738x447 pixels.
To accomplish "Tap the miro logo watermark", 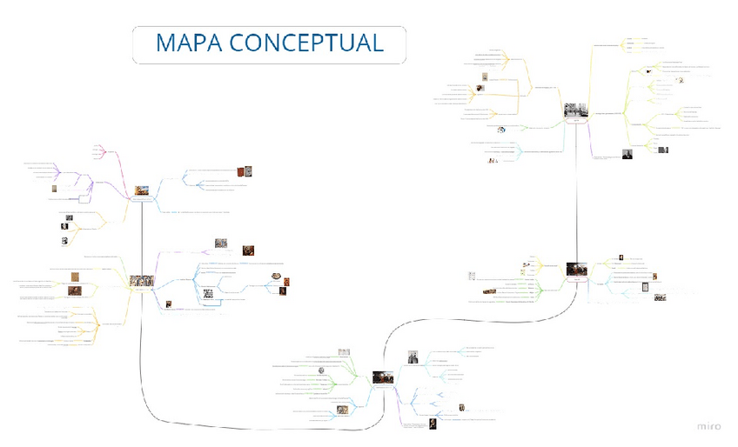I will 710,426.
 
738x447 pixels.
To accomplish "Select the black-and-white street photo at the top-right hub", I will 574,111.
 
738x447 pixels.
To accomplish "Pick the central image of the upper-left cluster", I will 141,190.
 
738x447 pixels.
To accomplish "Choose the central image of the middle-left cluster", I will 140,281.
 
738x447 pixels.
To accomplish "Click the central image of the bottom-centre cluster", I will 384,378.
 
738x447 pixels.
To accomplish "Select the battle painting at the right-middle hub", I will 575,271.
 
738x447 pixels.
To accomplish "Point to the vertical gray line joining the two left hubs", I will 141,235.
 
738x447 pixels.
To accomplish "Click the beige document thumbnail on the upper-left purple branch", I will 53,189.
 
